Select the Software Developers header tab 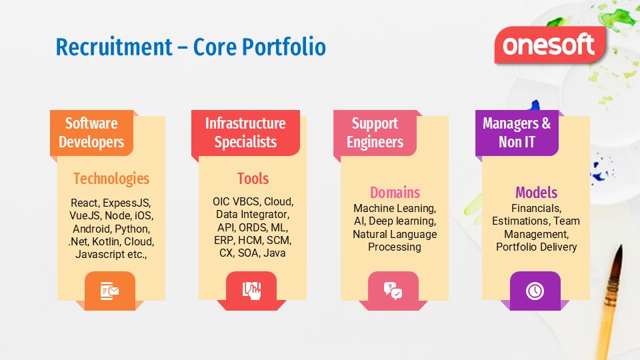(91, 133)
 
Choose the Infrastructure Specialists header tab (245, 133)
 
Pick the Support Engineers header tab (375, 133)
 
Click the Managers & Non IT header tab (517, 133)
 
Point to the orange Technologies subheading (111, 179)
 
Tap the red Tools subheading (253, 179)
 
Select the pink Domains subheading (395, 193)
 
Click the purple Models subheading (536, 193)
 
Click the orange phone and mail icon (109, 291)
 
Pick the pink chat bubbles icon (393, 291)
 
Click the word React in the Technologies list (85, 203)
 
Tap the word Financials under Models (536, 208)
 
